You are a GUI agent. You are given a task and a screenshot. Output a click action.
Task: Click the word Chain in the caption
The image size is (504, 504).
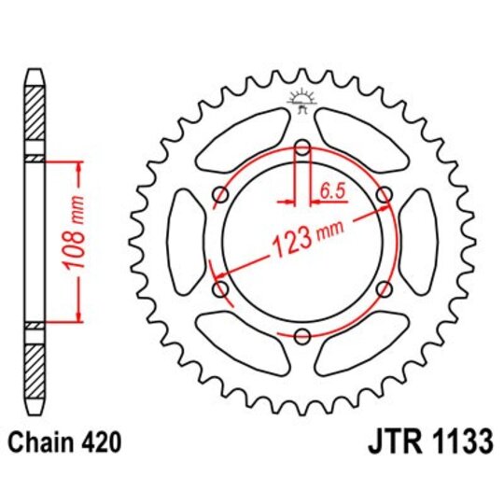pyautogui.click(x=44, y=440)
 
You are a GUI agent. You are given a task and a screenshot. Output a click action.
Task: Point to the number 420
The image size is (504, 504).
pyautogui.click(x=101, y=440)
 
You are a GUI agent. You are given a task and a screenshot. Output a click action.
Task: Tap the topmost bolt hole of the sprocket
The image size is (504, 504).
pyautogui.click(x=302, y=147)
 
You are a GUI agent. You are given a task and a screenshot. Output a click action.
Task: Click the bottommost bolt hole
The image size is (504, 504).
pyautogui.click(x=302, y=337)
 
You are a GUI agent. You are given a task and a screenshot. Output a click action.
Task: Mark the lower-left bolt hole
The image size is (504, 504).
pyautogui.click(x=220, y=289)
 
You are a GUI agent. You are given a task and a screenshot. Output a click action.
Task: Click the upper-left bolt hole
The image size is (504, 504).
pyautogui.click(x=220, y=194)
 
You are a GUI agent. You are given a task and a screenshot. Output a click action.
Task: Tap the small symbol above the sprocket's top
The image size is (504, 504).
pyautogui.click(x=302, y=97)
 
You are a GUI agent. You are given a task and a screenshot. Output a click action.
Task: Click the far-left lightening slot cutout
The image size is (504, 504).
pyautogui.click(x=184, y=242)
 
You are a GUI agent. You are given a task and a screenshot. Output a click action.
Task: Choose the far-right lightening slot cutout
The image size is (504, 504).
pyautogui.click(x=421, y=242)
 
